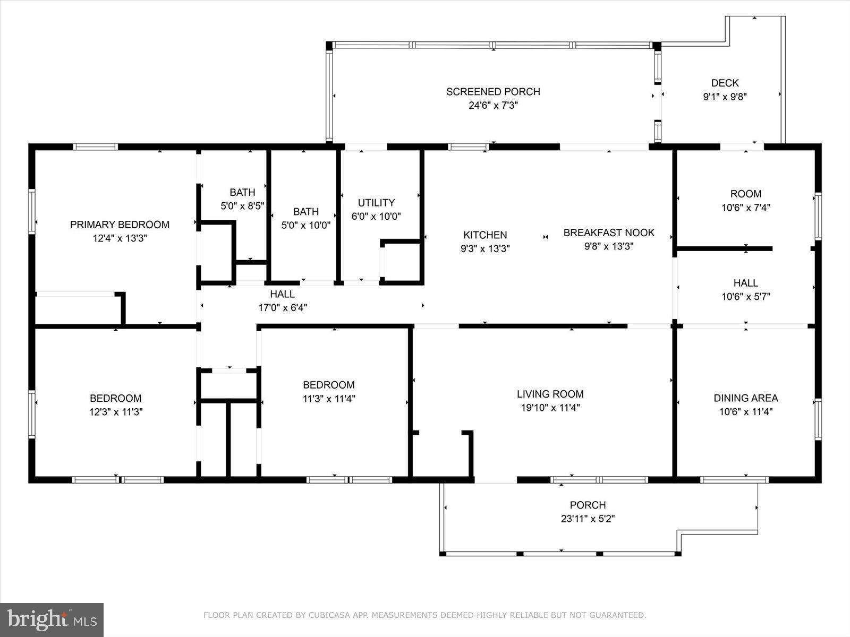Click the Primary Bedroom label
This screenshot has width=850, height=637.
(x=120, y=225)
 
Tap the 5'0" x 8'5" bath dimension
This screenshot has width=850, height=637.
(x=242, y=206)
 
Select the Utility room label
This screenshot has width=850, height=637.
(x=376, y=203)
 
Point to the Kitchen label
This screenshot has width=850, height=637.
(x=485, y=235)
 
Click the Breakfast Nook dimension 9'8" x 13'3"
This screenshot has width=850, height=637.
(x=609, y=246)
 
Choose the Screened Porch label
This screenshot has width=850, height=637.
(x=493, y=92)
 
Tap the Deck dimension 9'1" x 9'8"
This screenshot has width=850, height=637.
(x=725, y=97)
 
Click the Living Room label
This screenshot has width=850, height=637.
(x=550, y=394)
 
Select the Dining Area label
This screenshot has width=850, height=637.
(x=745, y=398)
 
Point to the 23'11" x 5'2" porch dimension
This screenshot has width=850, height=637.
(x=588, y=519)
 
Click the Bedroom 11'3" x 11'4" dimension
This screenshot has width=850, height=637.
(x=329, y=399)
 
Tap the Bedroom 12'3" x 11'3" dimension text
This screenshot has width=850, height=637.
(x=116, y=412)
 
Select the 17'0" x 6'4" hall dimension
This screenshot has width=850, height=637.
(x=283, y=307)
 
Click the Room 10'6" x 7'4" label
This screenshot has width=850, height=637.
(x=745, y=194)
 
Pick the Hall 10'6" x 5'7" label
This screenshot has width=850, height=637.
(x=745, y=283)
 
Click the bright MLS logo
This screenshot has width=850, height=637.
(x=52, y=619)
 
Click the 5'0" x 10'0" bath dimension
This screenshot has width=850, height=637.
(x=306, y=225)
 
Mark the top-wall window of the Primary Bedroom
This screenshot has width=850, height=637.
(x=95, y=147)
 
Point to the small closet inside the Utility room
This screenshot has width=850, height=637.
(x=401, y=261)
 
